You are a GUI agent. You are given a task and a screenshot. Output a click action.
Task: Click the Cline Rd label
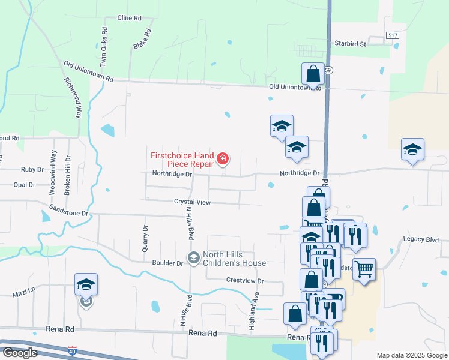click(x=129, y=18)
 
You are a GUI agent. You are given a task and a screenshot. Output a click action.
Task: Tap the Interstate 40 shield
click(x=73, y=349)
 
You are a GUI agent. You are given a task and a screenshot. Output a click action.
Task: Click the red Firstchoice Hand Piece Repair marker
click(x=223, y=159)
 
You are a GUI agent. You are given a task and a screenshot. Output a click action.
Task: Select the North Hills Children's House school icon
click(x=193, y=258)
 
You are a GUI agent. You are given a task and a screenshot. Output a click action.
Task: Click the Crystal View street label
click(x=193, y=203)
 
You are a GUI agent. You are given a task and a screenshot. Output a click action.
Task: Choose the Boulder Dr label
click(x=168, y=263)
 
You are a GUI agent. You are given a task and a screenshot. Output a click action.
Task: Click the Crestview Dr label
click(x=245, y=280)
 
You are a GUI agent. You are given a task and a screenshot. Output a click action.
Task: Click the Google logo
click(x=20, y=353)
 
